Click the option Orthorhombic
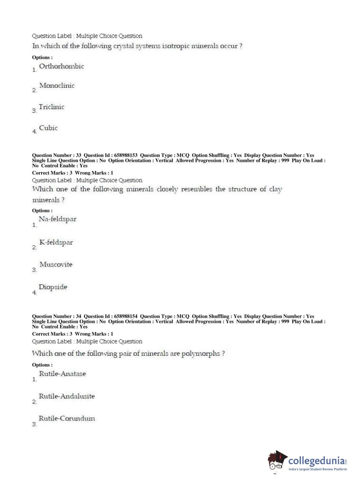61,66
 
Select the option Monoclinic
57,86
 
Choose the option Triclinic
51,107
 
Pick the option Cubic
48,128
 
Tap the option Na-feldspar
58,219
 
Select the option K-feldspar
56,243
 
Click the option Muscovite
56,265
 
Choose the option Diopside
53,287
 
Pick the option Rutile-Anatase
62,374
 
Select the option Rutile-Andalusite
67,396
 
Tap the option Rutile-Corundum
67,419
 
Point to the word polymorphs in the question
200,353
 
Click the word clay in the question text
275,189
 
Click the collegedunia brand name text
316,461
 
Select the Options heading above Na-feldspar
42,211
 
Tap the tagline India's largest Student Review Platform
318,469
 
